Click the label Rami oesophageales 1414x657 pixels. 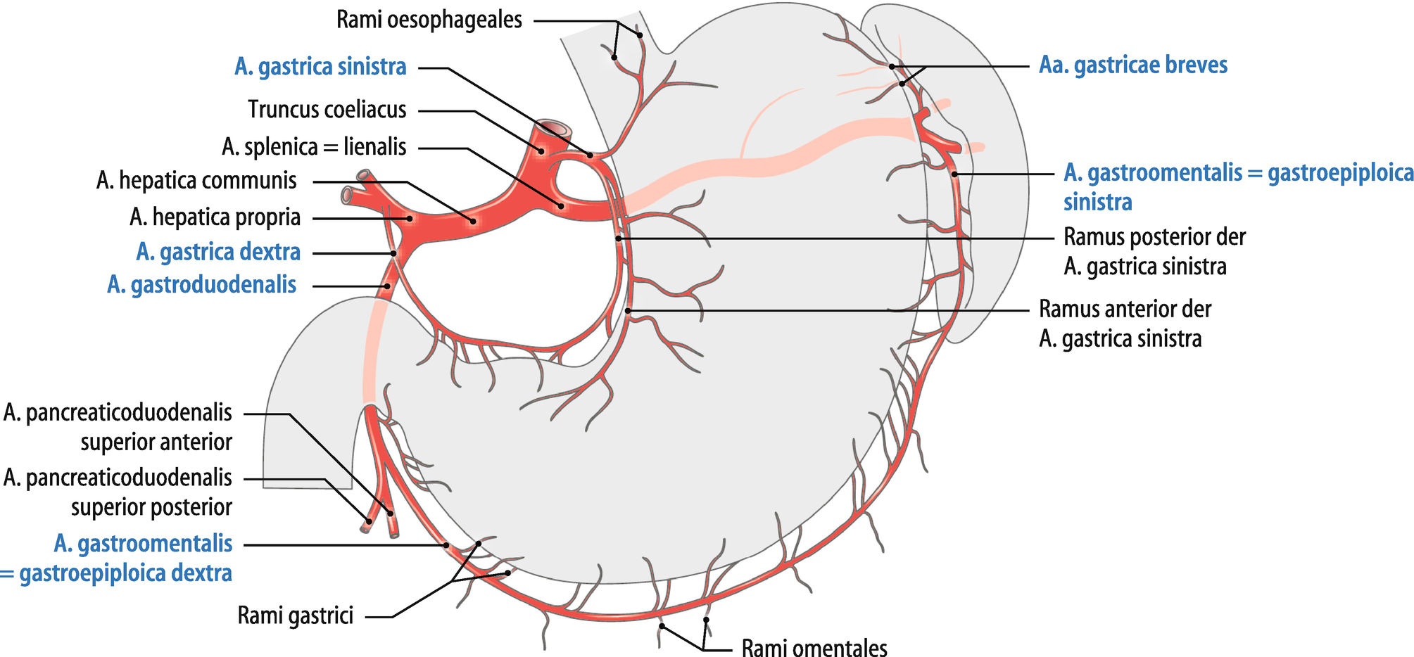coord(429,20)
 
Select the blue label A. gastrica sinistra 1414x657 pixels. coord(320,67)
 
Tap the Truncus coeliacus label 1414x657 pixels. coord(327,110)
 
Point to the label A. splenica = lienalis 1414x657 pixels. coord(314,147)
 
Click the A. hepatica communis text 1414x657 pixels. coord(196,181)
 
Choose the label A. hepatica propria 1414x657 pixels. coord(215,217)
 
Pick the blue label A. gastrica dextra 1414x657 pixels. coord(218,252)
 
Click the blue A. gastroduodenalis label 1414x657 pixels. coord(201,285)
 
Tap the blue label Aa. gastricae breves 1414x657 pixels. coord(1133,65)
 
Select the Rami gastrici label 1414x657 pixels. coord(295,616)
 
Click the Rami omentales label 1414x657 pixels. coord(814,646)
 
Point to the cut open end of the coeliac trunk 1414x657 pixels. coord(557,129)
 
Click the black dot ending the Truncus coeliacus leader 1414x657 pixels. coord(542,151)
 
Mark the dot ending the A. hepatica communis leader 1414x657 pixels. coord(473,222)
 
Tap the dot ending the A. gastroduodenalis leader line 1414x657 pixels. coord(388,286)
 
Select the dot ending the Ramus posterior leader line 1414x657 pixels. coord(618,238)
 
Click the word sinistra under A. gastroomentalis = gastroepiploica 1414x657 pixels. coord(1097,203)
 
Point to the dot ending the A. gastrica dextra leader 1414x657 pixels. coord(394,253)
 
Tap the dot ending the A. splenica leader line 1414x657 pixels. coord(562,206)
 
